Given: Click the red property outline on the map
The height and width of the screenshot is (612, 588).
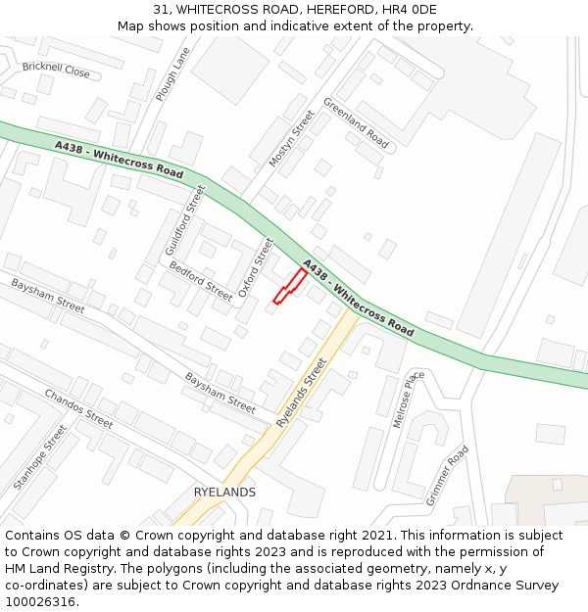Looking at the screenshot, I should [x=289, y=286].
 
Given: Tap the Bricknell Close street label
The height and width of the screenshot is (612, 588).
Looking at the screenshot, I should [x=56, y=70].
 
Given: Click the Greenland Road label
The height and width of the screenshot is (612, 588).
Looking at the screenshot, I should [x=356, y=123].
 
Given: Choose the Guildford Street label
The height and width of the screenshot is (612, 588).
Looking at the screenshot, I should [x=185, y=220].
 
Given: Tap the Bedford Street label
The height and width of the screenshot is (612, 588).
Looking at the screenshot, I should [x=201, y=280].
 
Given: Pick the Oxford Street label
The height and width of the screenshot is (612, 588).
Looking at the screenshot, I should [x=256, y=267].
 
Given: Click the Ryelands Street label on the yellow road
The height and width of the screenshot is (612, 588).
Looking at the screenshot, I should [x=301, y=392].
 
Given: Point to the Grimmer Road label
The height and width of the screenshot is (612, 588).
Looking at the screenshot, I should [x=447, y=475].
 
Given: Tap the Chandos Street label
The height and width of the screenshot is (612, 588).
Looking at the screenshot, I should [x=78, y=408].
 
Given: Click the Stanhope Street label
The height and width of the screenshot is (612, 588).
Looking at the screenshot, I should [x=40, y=457].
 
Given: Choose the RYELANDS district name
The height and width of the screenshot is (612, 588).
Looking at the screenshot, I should [x=224, y=493].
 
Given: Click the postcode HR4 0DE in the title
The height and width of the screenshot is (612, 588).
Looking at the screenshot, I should [x=410, y=10].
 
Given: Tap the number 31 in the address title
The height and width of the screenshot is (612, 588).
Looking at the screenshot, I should [x=160, y=10].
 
